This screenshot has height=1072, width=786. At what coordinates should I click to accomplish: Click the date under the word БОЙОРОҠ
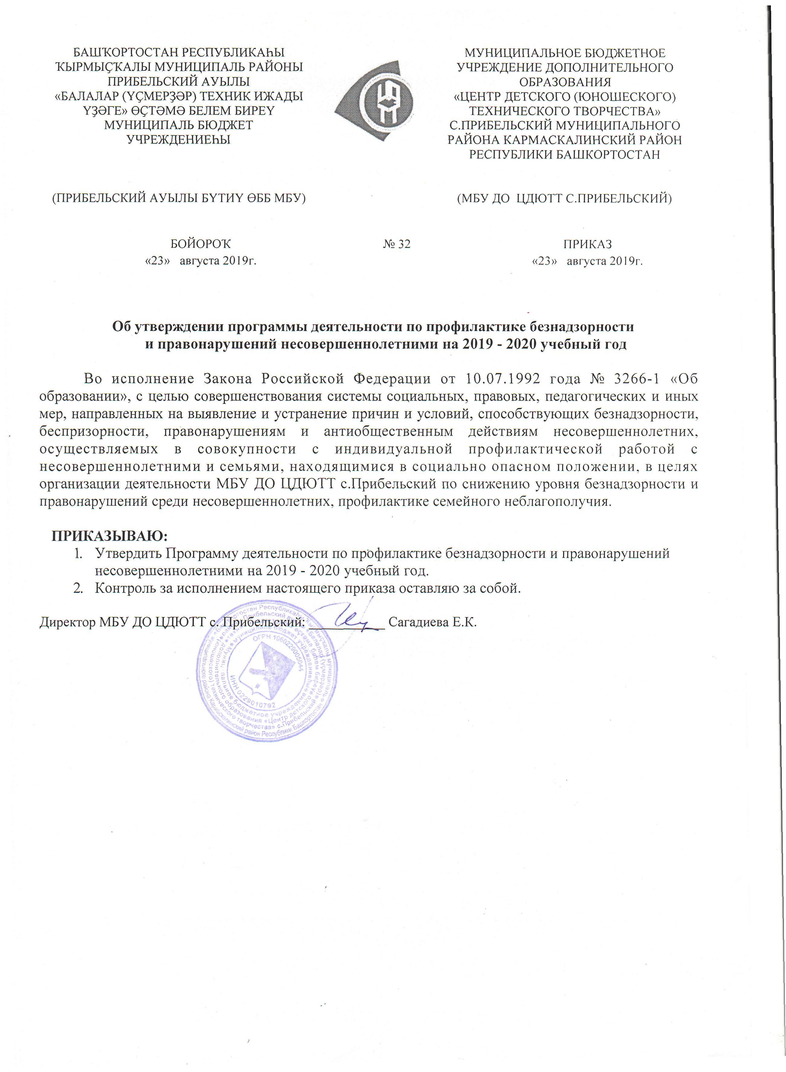tap(200, 261)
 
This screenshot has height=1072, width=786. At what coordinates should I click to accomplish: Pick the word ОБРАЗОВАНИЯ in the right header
tap(565, 82)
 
